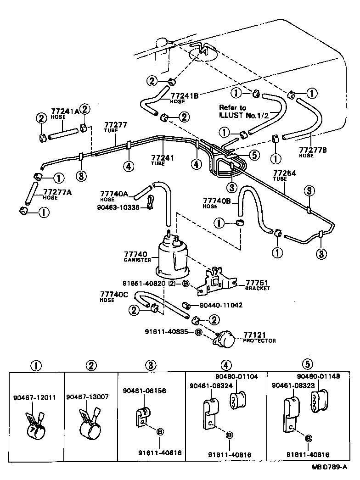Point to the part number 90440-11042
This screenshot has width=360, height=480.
221,305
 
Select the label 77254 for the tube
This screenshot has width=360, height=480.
286,173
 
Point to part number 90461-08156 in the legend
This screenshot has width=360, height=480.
144,391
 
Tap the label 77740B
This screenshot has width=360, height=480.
216,201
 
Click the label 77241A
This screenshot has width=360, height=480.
65,112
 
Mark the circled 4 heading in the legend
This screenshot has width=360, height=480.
225,365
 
